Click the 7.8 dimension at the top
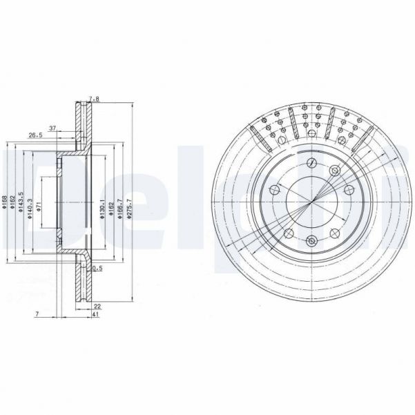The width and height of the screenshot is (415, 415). pos(95,99)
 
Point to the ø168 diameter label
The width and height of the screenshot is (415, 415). pos(5,204)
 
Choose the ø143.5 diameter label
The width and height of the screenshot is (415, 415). pos(22,204)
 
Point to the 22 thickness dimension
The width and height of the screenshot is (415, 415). pos(97,307)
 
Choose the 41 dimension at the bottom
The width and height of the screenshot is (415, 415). pos(94,315)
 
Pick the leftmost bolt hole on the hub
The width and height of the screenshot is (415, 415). pos(273,191)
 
